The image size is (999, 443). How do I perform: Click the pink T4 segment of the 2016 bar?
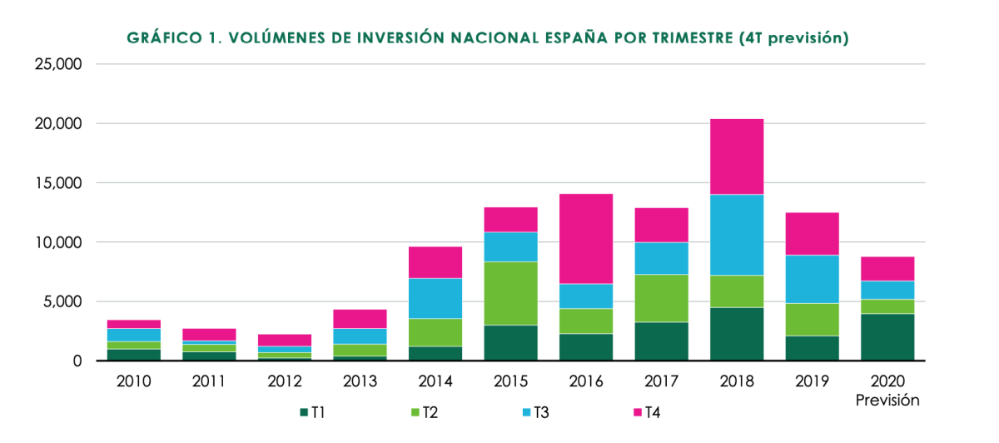(x=585, y=239)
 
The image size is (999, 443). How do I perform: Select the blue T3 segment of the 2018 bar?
(x=736, y=235)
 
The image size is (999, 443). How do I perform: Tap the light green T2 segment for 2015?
(x=510, y=293)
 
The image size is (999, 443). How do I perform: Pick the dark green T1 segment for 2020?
(x=887, y=337)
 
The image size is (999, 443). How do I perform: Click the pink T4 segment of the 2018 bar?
(x=736, y=157)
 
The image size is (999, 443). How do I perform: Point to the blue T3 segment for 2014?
(x=435, y=298)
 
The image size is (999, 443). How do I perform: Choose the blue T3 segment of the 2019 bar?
(x=812, y=279)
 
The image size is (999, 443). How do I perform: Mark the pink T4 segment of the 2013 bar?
(x=360, y=319)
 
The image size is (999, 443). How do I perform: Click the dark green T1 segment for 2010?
(x=134, y=355)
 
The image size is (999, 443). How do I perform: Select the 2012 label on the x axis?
(x=285, y=382)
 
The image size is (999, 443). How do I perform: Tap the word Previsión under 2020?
(x=887, y=400)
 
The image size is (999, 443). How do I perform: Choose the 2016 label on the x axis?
(x=586, y=382)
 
